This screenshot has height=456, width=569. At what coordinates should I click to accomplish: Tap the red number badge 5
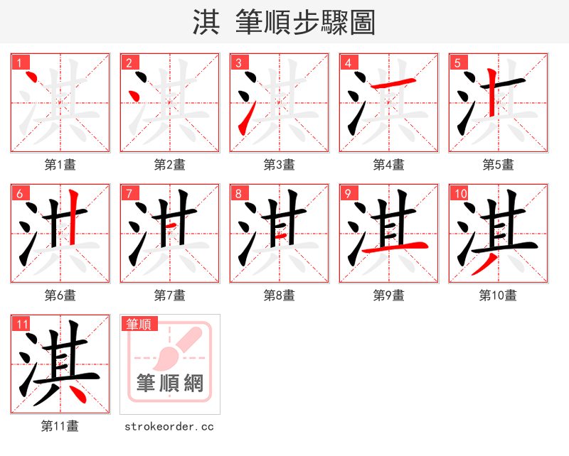click(x=457, y=63)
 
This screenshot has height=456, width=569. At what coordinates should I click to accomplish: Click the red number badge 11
click(x=22, y=325)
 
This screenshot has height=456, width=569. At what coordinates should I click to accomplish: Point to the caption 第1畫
click(x=60, y=165)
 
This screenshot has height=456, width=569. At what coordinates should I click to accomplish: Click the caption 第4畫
click(x=389, y=165)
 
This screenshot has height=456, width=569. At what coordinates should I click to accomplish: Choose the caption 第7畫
click(x=170, y=295)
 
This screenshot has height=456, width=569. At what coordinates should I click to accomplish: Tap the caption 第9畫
click(x=389, y=295)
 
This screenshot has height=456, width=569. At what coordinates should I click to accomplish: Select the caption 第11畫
click(x=60, y=426)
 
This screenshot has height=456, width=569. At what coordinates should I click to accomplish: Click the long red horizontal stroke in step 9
click(x=395, y=247)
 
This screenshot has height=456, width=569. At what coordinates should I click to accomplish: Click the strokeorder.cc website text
click(x=169, y=427)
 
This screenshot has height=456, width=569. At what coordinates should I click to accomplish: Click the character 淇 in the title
click(x=206, y=23)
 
